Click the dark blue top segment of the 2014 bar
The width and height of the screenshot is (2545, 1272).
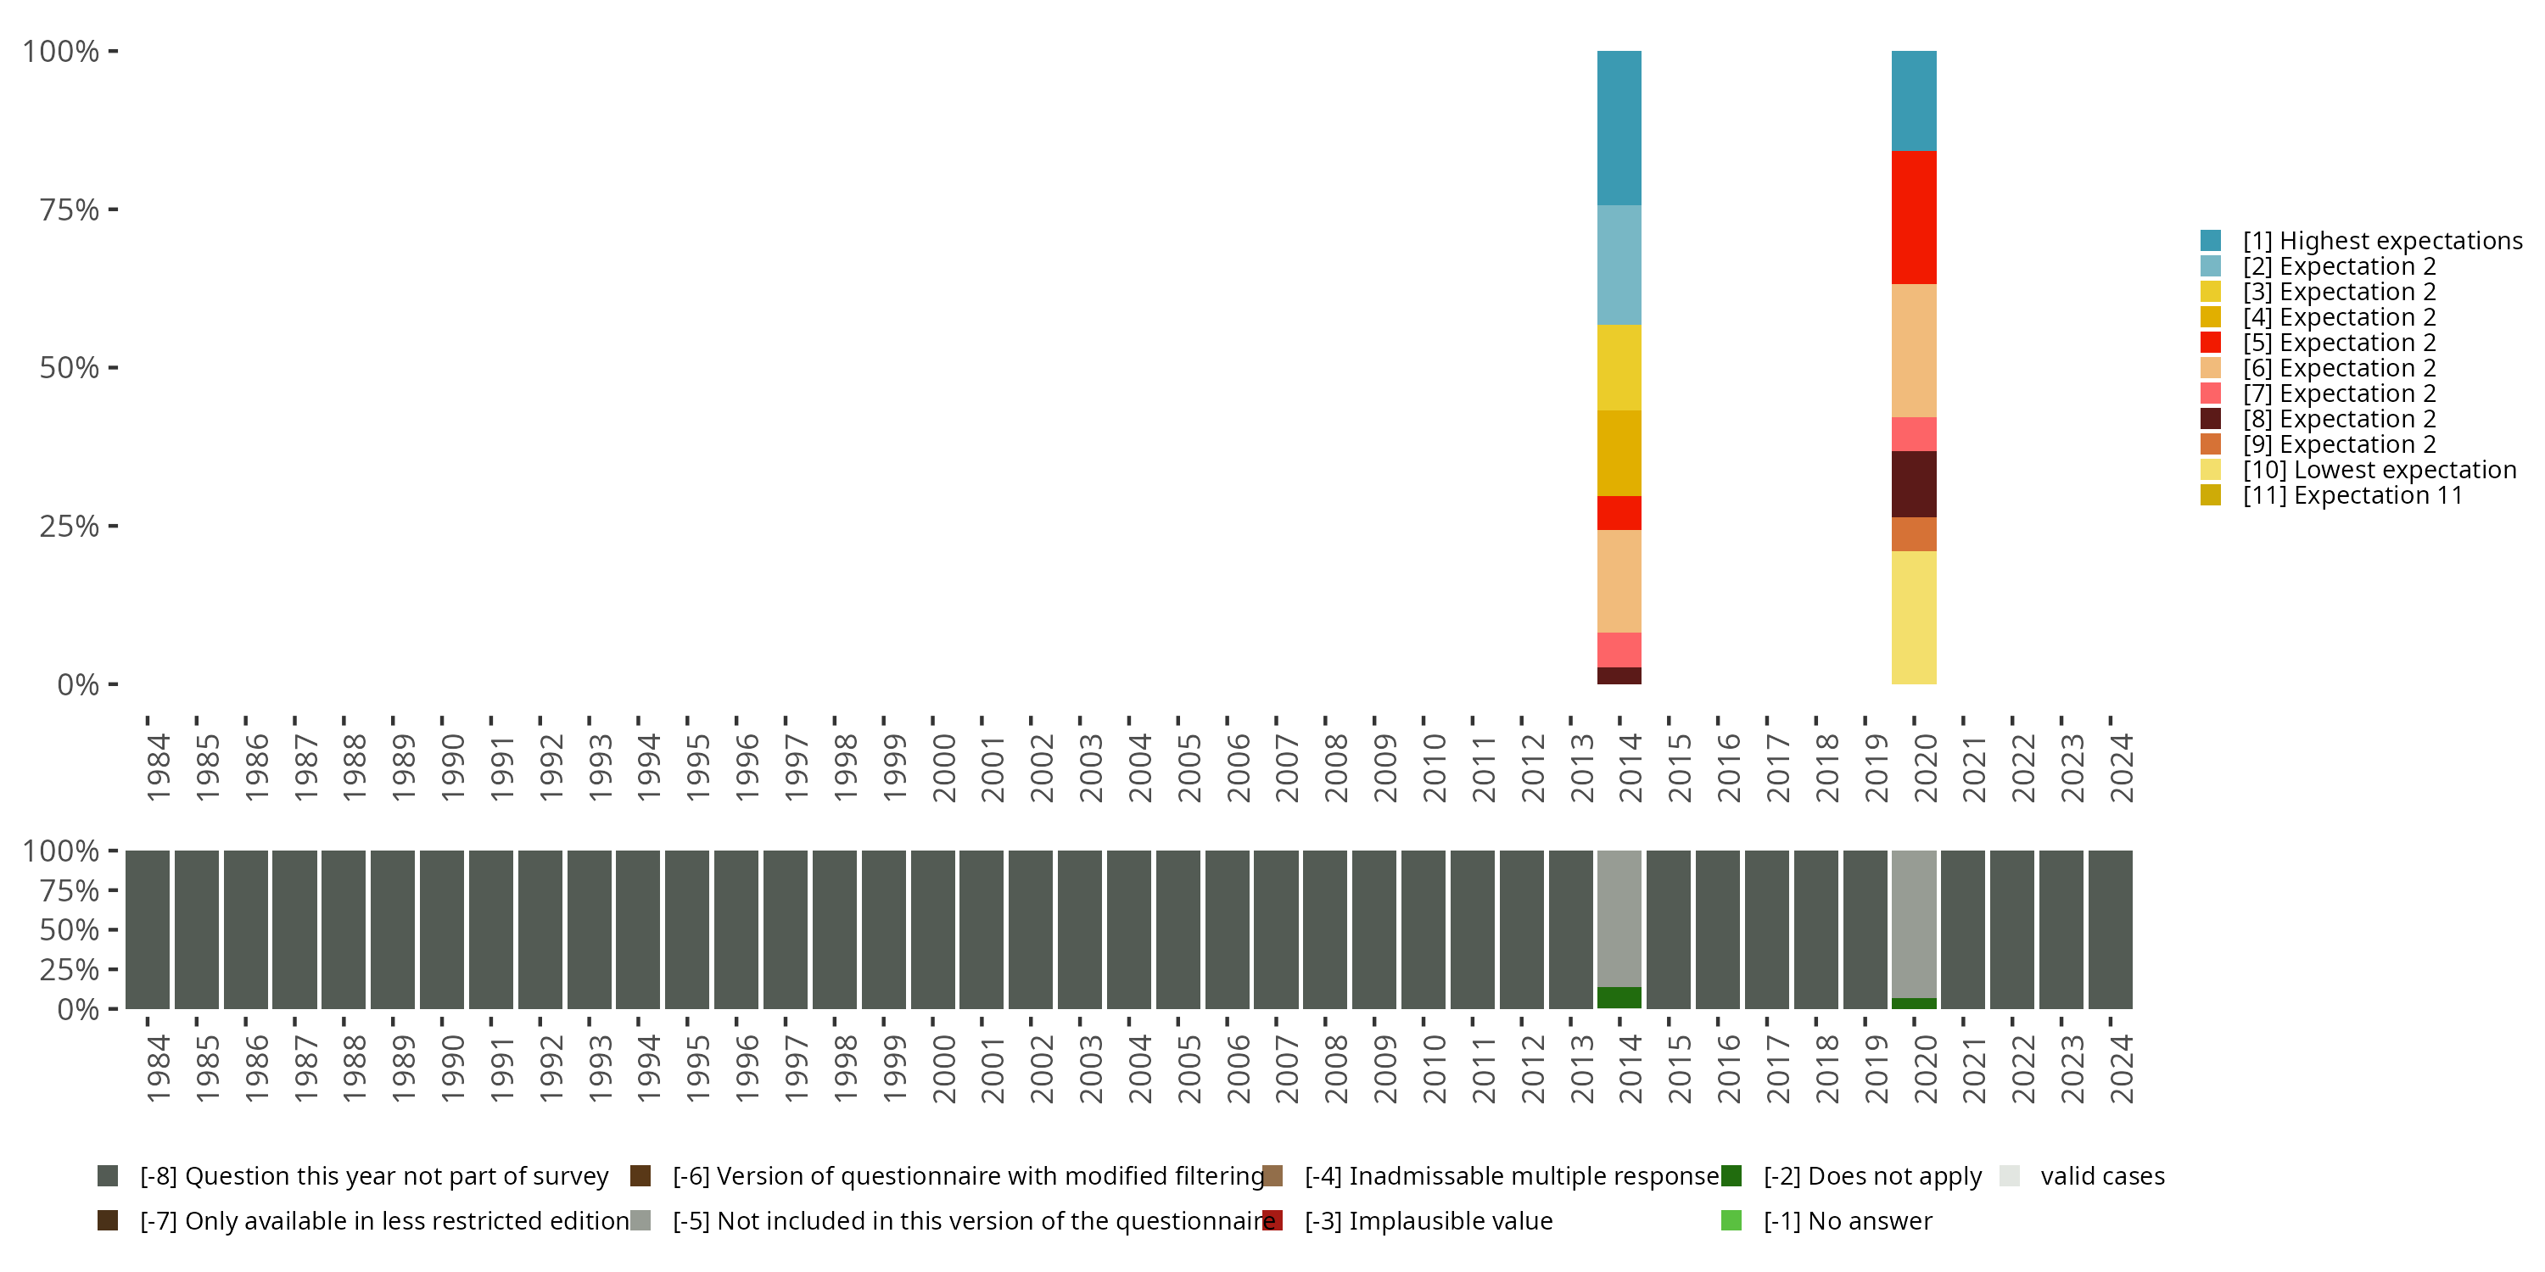(x=1619, y=127)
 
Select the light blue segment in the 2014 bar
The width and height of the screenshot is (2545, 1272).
(x=1619, y=265)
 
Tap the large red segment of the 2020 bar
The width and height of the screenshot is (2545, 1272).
(x=1914, y=217)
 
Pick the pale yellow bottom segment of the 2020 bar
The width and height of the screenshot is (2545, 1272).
(x=1914, y=617)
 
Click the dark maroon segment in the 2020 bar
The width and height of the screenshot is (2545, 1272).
(x=1914, y=484)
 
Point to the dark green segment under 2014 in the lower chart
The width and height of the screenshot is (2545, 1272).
(x=1619, y=997)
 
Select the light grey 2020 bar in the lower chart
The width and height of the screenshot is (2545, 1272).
(x=1914, y=923)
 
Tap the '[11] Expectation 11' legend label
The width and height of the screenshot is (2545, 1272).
(x=2352, y=496)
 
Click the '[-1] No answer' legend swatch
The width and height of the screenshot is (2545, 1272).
(x=1731, y=1220)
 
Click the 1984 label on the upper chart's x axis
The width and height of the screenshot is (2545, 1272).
(x=158, y=767)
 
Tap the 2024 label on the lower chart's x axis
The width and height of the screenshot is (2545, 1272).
(x=2121, y=1068)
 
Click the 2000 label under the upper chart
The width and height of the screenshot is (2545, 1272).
(x=943, y=767)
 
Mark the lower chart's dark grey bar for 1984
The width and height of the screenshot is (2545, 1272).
(x=148, y=929)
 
